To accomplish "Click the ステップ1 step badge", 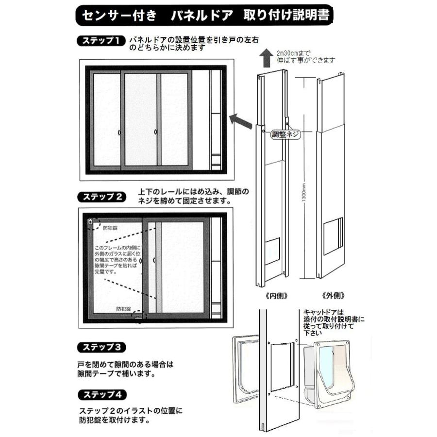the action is tap(101, 41).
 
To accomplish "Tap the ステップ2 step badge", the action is tap(101, 197).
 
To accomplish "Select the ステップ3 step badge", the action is tap(101, 347).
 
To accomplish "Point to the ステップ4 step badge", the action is tap(101, 393).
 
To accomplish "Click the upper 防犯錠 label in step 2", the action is tap(110, 227).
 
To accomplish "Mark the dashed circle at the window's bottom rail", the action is tap(138, 316).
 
